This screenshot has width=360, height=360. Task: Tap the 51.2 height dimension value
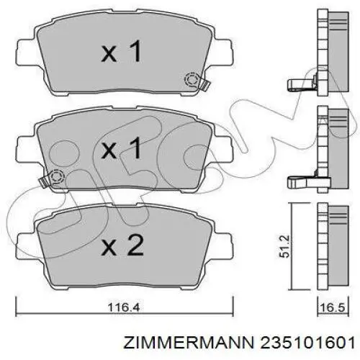coord(285,246)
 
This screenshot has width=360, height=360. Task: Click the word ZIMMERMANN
coord(188,343)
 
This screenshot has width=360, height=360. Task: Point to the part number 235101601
coord(307,343)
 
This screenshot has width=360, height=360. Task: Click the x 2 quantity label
coord(122,245)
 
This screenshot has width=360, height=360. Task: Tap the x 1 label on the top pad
coord(122,51)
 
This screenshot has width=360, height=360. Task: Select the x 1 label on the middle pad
coord(122,148)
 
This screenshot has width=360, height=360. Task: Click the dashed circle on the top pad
coord(192,80)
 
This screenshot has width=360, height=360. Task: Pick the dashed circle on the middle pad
coord(57,177)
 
